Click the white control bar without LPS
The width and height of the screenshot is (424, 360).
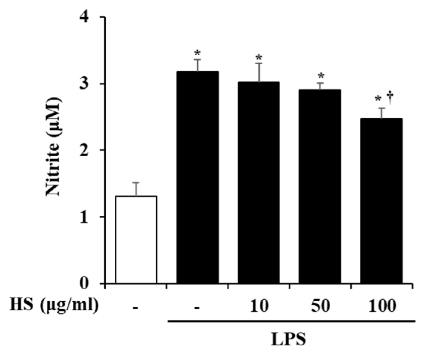point(136,239)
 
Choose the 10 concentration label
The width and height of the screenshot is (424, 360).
point(259,307)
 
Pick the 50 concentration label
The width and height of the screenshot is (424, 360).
point(320,307)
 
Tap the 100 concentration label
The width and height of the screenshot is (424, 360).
point(381,307)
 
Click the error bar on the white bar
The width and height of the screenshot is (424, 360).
point(136,188)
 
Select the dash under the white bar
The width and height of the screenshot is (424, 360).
point(136,308)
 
